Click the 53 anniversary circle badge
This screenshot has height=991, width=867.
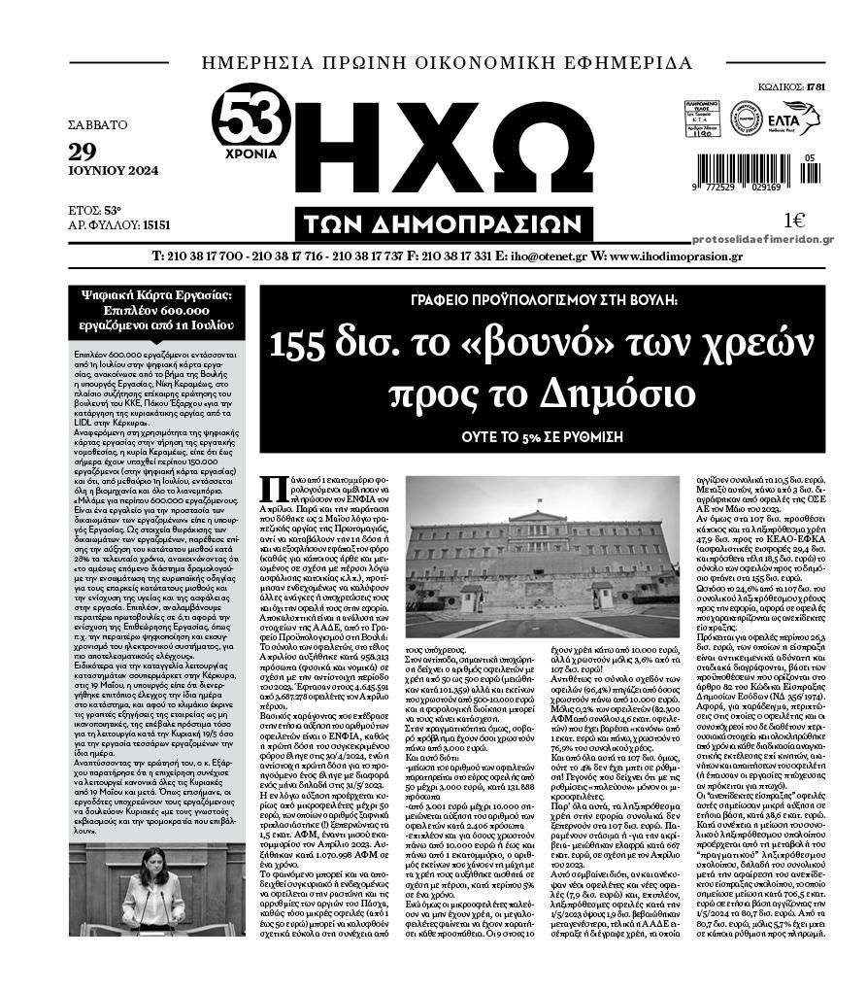coord(251,121)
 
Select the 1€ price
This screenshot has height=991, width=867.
coord(794,221)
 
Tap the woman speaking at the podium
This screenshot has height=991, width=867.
coord(152,894)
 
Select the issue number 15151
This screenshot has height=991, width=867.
coord(156,224)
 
